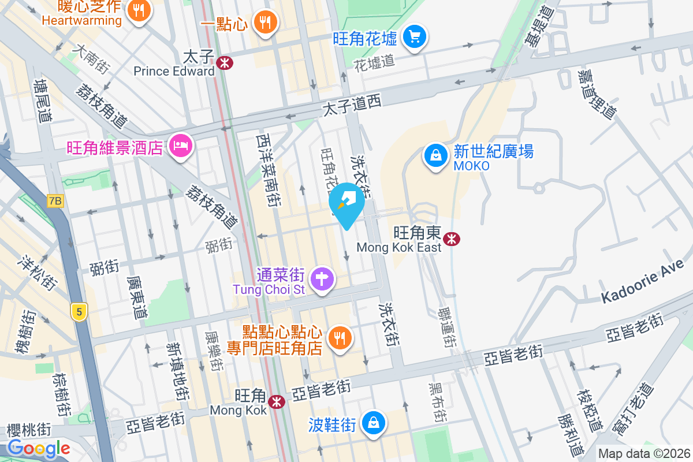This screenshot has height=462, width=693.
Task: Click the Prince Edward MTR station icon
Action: tap(225, 62)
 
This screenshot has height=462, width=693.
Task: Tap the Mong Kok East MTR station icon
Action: tap(452, 237)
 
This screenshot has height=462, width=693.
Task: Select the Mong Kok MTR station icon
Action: tap(277, 401)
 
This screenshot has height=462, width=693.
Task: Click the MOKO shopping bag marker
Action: tap(435, 155)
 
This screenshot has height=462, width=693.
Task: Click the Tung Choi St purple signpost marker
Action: tap(322, 280)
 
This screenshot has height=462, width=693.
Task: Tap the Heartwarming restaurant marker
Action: tap(138, 10)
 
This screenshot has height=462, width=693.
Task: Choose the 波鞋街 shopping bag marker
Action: tap(374, 423)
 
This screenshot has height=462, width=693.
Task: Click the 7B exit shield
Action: tap(55, 201)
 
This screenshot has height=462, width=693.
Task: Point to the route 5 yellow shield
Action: tap(79, 312)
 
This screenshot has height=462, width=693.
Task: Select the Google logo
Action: tap(39, 448)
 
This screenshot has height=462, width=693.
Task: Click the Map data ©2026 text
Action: tap(643, 454)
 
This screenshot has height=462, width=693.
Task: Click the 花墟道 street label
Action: tap(374, 61)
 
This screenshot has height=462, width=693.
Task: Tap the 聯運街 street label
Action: tap(445, 327)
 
